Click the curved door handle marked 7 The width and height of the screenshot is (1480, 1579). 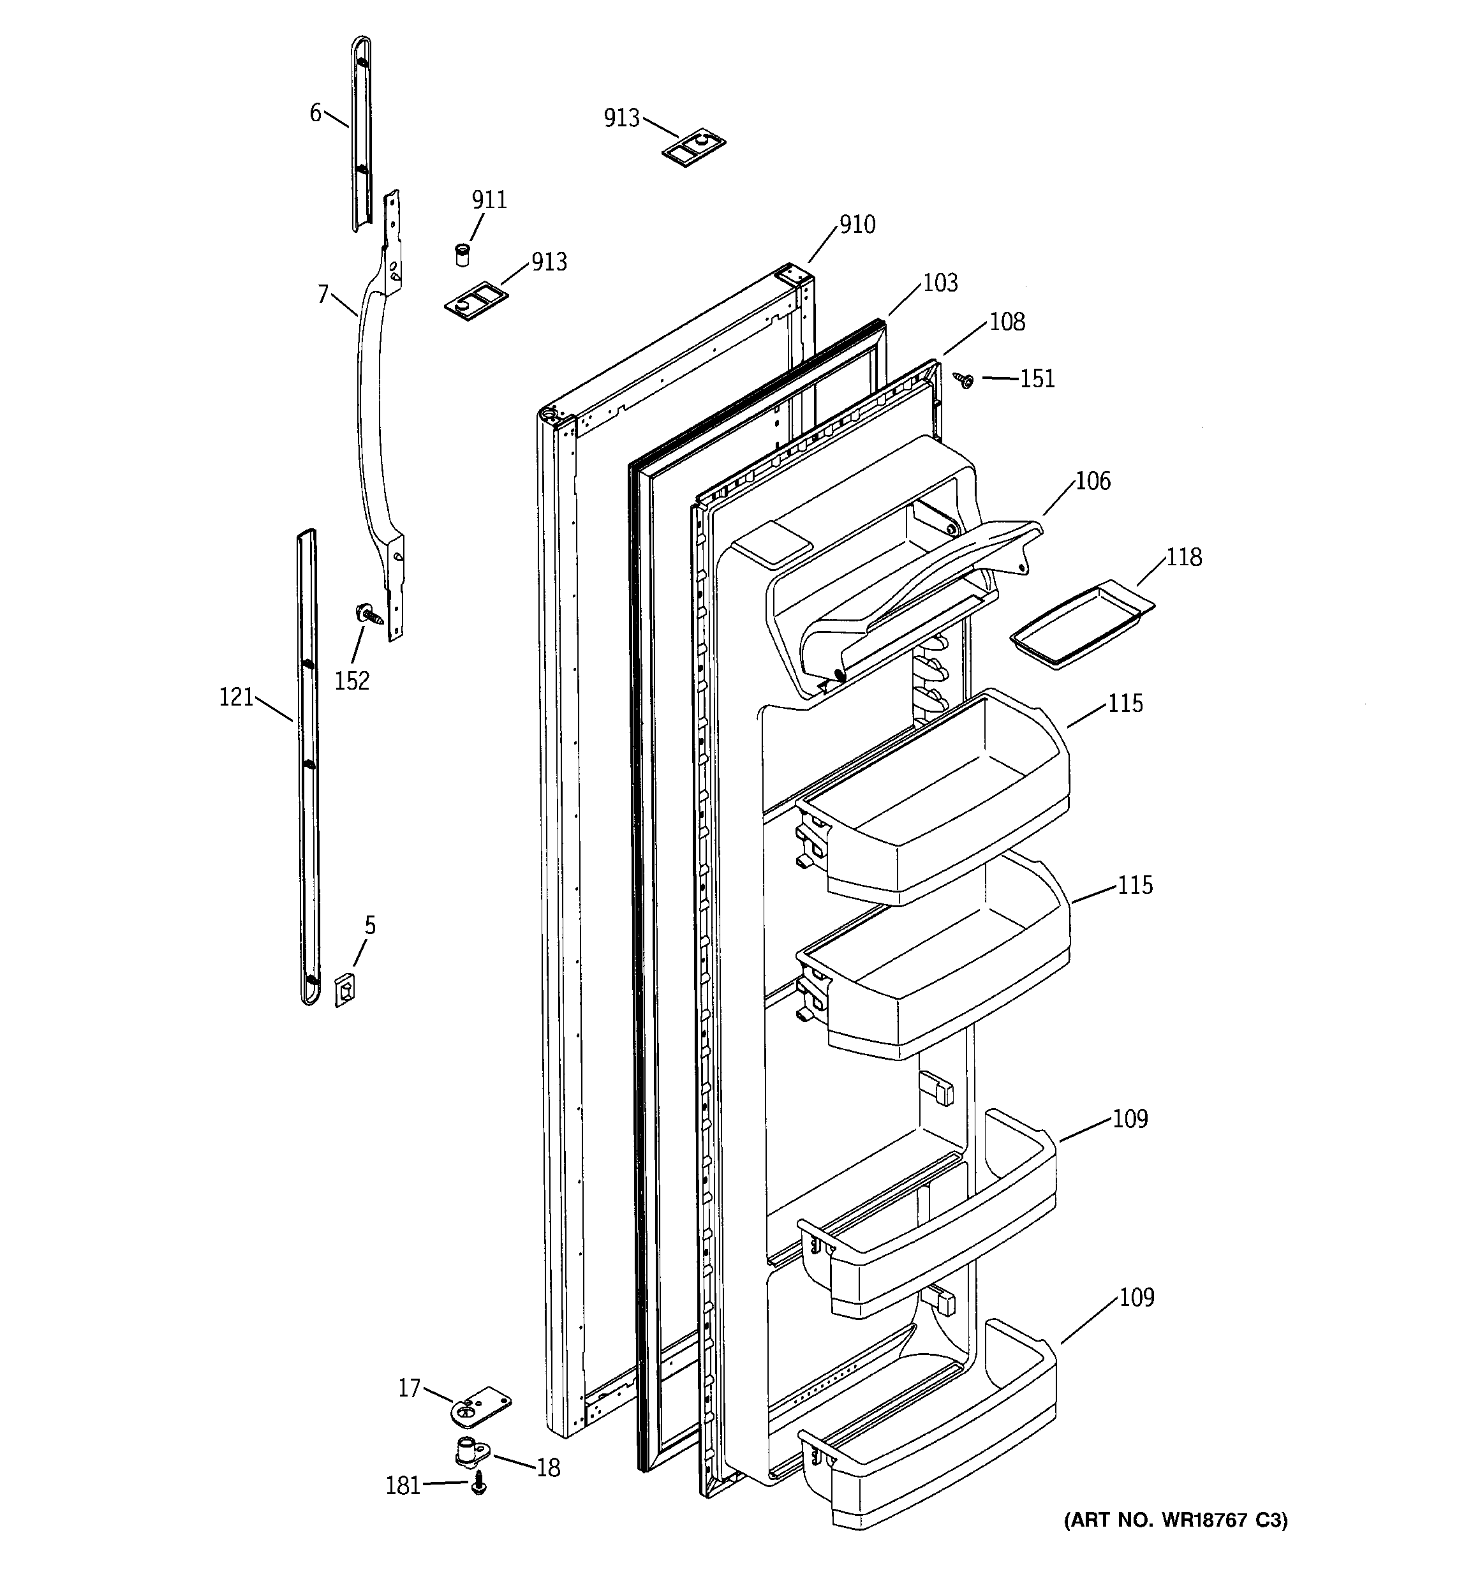[367, 413]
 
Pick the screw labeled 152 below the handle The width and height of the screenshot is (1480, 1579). [368, 613]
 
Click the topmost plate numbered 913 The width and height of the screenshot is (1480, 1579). [694, 149]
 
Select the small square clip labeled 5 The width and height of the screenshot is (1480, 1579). [344, 990]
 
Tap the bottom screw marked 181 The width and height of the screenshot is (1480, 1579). [478, 1482]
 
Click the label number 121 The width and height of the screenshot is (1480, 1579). [236, 697]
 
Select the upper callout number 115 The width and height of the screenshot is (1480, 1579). [1125, 704]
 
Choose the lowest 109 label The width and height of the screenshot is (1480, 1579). [1136, 1298]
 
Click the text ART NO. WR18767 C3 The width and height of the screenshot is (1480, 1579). [1176, 1520]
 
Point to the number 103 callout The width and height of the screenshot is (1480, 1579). [940, 283]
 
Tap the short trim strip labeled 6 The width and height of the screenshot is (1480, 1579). [360, 135]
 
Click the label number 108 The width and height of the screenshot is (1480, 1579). [1007, 322]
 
